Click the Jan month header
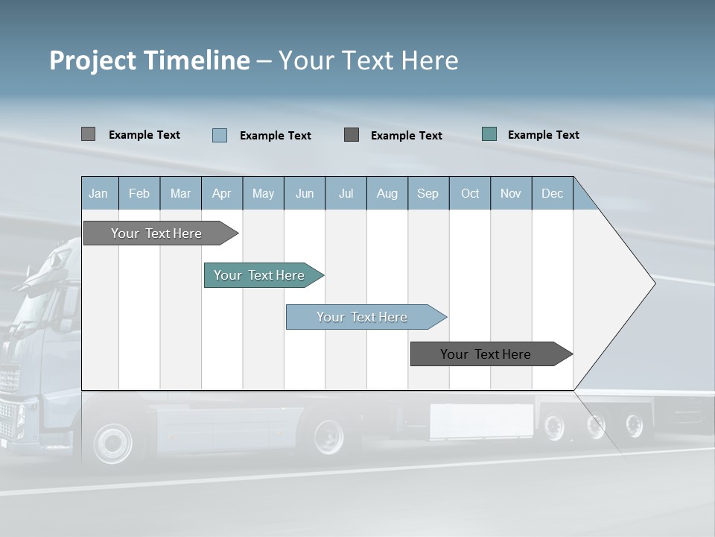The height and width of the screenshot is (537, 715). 98,194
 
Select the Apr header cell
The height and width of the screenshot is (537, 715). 221,194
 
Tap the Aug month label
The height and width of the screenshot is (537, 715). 387,194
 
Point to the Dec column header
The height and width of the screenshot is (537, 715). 552,194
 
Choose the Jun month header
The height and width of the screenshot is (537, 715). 304,194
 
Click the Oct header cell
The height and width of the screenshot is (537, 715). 469,194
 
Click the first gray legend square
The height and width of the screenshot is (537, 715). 88,134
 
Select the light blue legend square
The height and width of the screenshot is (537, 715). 219,135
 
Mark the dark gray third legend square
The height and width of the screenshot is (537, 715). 352,134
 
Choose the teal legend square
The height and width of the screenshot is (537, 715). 489,134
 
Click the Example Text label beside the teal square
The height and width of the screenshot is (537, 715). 543,135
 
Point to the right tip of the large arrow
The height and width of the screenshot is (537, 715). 654,283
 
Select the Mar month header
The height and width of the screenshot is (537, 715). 180,194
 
